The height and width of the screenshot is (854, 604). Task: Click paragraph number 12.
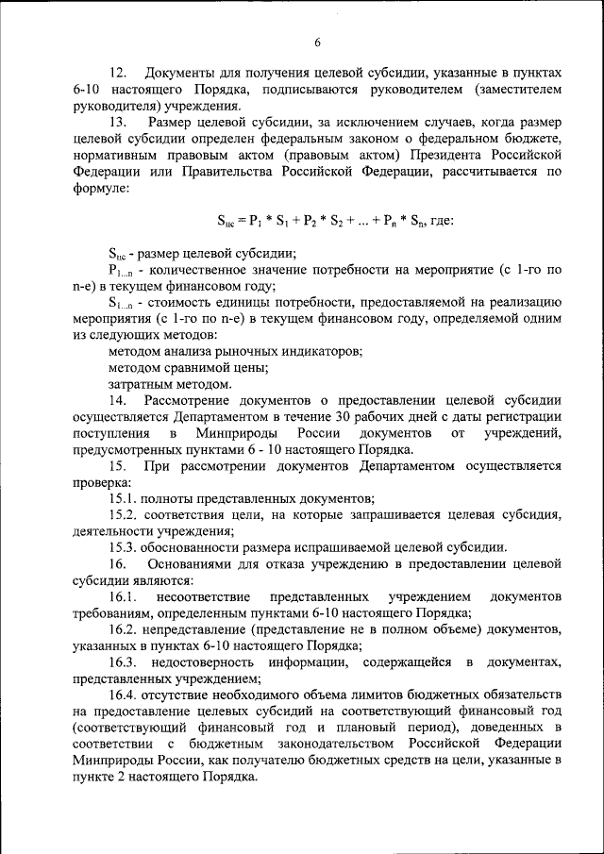click(118, 73)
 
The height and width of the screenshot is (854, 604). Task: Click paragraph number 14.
click(118, 400)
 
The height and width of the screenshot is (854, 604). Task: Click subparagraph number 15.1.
click(122, 498)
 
